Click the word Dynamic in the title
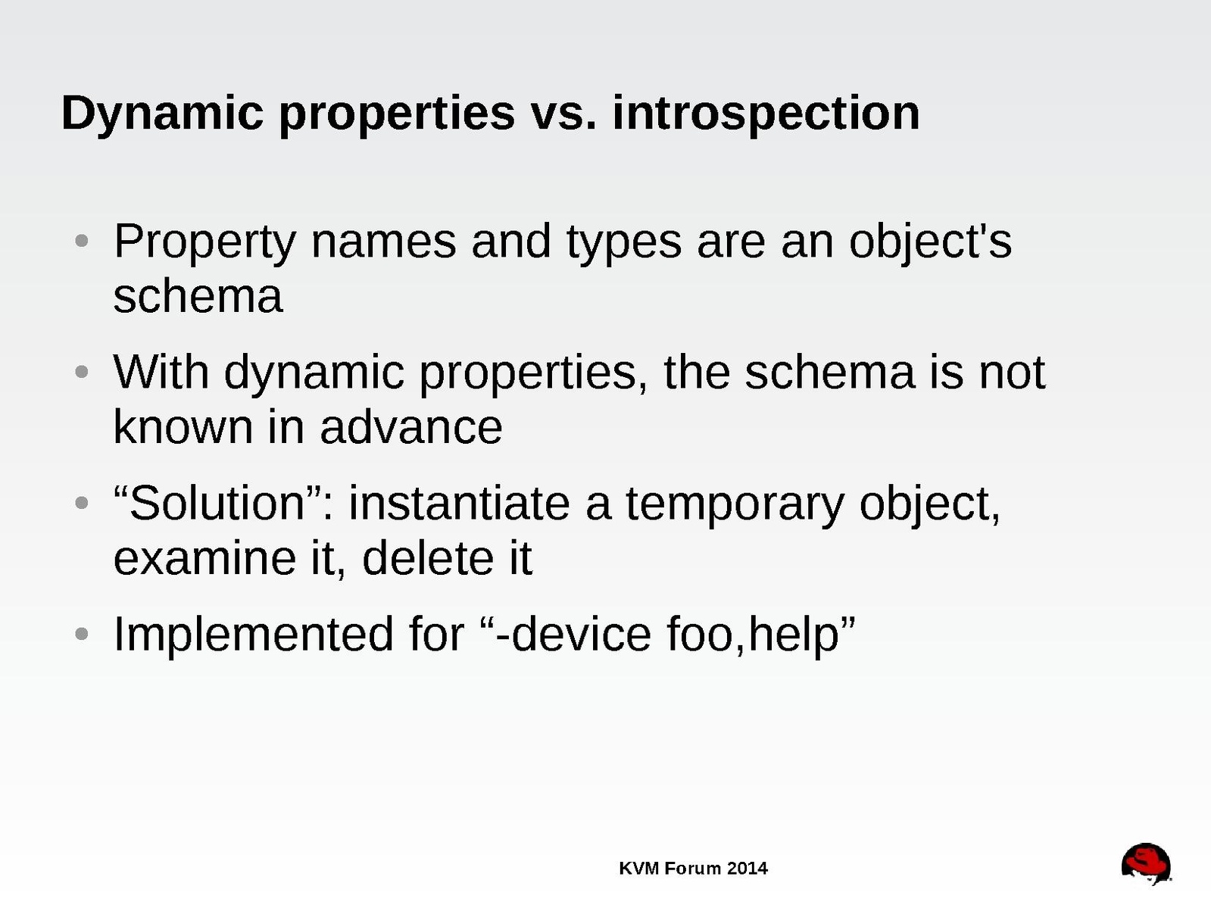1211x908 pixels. pyautogui.click(x=162, y=114)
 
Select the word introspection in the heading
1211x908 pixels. pyautogui.click(x=766, y=114)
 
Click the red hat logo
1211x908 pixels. pyautogui.click(x=1146, y=863)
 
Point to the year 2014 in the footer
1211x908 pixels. pyautogui.click(x=747, y=869)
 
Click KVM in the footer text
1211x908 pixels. pyautogui.click(x=639, y=869)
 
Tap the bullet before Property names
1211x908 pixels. pyautogui.click(x=81, y=241)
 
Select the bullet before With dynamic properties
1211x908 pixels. pyautogui.click(x=81, y=371)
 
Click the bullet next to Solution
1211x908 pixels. pyautogui.click(x=81, y=503)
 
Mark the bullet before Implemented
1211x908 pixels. pyautogui.click(x=81, y=633)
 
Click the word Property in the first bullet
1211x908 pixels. pyautogui.click(x=204, y=243)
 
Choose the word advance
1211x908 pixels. pyautogui.click(x=411, y=427)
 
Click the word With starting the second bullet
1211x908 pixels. pyautogui.click(x=161, y=372)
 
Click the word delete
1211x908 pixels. pyautogui.click(x=428, y=557)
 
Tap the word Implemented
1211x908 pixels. pyautogui.click(x=253, y=635)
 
